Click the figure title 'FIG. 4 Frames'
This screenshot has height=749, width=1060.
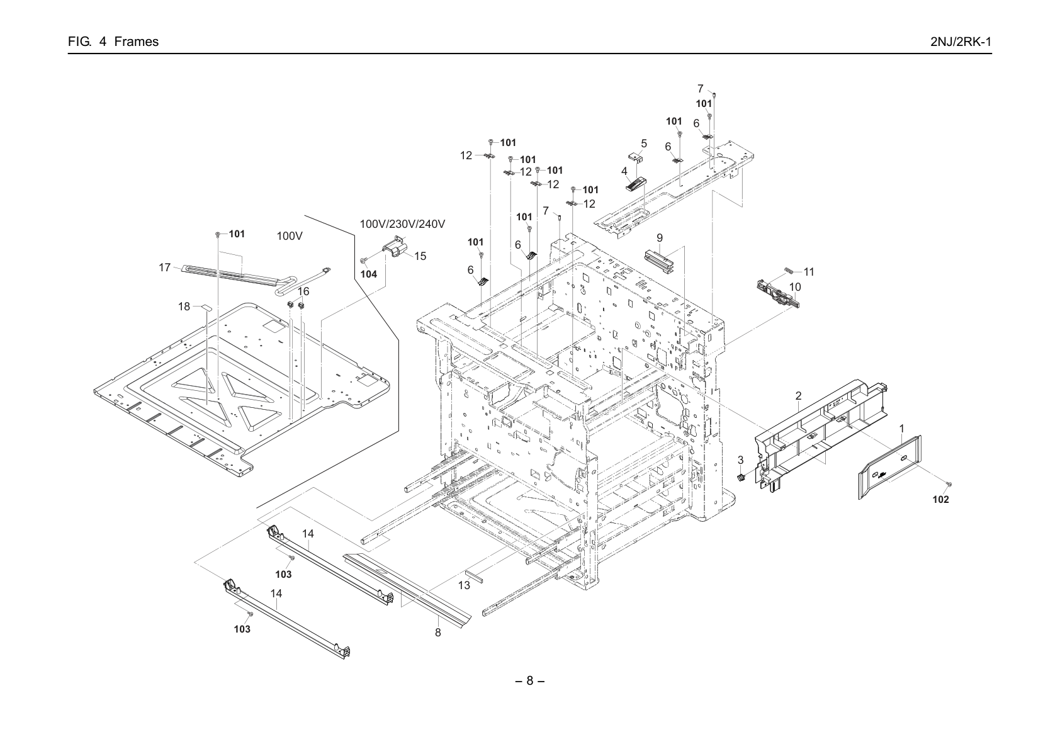point(113,42)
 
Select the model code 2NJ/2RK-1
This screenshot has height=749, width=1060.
point(961,42)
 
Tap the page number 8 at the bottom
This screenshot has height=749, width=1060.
point(529,680)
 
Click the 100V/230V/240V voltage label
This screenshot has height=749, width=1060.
point(402,224)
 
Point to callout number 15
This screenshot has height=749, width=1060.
point(420,256)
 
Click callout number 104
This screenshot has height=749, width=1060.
point(369,274)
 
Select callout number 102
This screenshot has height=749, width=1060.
point(941,500)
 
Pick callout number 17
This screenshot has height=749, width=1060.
point(164,267)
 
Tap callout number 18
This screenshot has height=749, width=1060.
point(184,307)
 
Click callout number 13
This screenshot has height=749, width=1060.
point(465,585)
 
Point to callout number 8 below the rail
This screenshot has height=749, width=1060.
point(438,633)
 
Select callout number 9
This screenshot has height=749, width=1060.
point(660,238)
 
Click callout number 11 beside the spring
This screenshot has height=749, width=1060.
point(809,272)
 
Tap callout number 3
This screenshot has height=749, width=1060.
point(741,460)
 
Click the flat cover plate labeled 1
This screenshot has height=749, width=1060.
point(890,468)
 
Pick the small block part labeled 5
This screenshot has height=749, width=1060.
point(634,157)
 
